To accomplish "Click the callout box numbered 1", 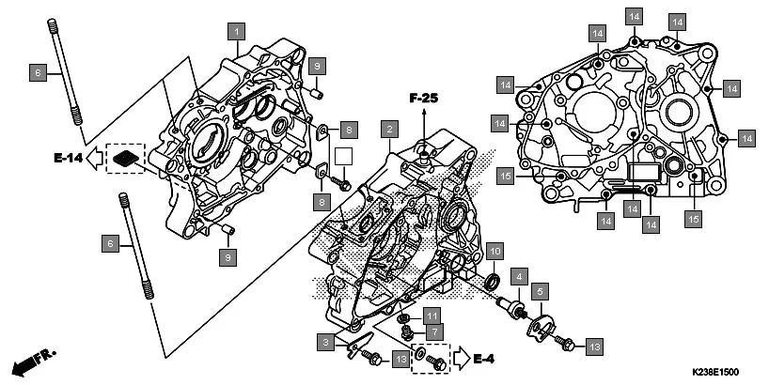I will click(x=239, y=31).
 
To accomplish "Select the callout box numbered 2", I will click(x=387, y=128).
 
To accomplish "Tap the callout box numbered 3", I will click(x=324, y=343).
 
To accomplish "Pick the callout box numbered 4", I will click(x=516, y=276).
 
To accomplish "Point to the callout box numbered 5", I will click(x=540, y=292).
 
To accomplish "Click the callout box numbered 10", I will click(x=494, y=251).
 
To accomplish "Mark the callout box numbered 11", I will click(x=432, y=315).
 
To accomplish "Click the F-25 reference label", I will click(x=423, y=98).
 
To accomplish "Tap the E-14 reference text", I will click(x=67, y=159).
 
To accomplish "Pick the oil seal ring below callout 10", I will click(x=493, y=282).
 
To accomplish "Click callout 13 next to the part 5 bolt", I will click(x=593, y=346).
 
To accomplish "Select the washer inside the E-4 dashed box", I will click(x=434, y=360).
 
